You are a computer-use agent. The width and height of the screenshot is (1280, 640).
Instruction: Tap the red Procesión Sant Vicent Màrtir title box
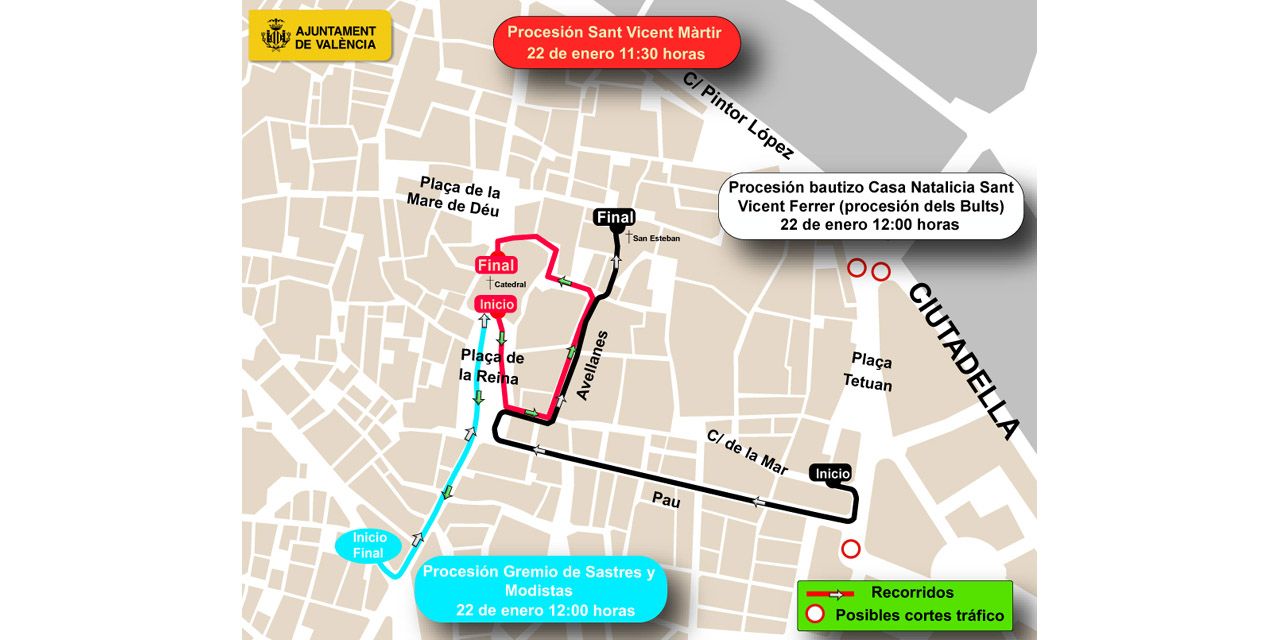[616, 42]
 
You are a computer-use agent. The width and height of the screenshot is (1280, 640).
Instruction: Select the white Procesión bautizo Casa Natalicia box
[870, 206]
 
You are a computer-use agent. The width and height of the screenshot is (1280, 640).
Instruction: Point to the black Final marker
[614, 218]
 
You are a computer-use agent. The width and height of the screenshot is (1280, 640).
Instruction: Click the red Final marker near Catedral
[496, 266]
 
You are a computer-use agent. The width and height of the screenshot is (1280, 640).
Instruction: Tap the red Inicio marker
[496, 304]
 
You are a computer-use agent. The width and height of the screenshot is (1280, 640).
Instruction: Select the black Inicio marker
[832, 473]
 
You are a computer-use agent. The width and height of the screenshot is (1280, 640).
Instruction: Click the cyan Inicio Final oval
[369, 546]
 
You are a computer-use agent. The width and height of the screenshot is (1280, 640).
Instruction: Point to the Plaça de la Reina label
[492, 366]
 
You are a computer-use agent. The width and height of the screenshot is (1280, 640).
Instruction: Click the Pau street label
[666, 500]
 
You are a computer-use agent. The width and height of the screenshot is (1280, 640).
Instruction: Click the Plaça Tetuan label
[868, 372]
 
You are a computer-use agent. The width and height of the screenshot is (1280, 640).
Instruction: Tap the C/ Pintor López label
[738, 116]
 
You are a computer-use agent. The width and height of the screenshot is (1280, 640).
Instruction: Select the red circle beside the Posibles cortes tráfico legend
[815, 614]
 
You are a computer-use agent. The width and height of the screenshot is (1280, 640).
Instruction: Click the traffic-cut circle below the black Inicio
[850, 549]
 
